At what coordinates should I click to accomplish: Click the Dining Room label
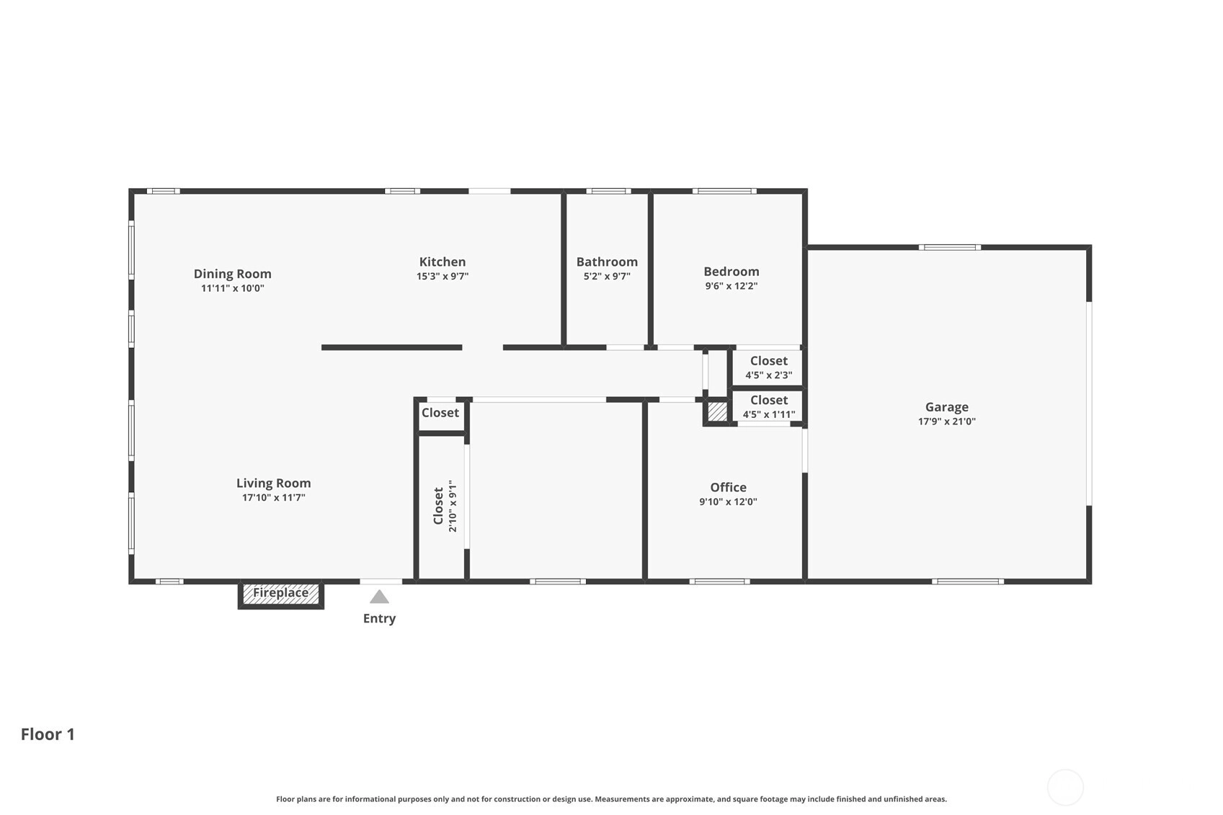(x=233, y=274)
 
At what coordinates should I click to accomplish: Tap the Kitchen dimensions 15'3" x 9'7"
(x=442, y=276)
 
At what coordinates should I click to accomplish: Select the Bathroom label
(x=607, y=262)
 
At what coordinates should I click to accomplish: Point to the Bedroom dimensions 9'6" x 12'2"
(x=731, y=286)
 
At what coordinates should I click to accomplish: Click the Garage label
(x=947, y=406)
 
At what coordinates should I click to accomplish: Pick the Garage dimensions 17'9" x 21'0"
(x=947, y=422)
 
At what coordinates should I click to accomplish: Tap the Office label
(x=729, y=487)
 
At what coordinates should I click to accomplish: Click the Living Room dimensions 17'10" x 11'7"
(x=274, y=497)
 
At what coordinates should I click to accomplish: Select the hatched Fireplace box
(x=280, y=594)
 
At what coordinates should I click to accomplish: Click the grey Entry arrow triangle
(x=379, y=597)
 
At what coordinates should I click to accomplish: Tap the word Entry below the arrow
(x=380, y=618)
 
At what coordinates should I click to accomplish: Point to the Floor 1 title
(x=48, y=734)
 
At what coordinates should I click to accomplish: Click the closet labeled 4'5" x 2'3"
(x=769, y=368)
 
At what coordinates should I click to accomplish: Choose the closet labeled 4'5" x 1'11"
(x=769, y=406)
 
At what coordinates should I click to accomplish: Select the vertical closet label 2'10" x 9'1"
(x=453, y=506)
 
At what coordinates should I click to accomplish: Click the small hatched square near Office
(x=717, y=411)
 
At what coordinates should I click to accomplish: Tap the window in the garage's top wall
(x=949, y=247)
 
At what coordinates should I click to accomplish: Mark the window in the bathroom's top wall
(x=609, y=191)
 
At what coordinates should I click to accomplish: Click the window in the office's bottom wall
(x=720, y=582)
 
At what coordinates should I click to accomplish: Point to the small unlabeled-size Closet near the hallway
(x=440, y=413)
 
